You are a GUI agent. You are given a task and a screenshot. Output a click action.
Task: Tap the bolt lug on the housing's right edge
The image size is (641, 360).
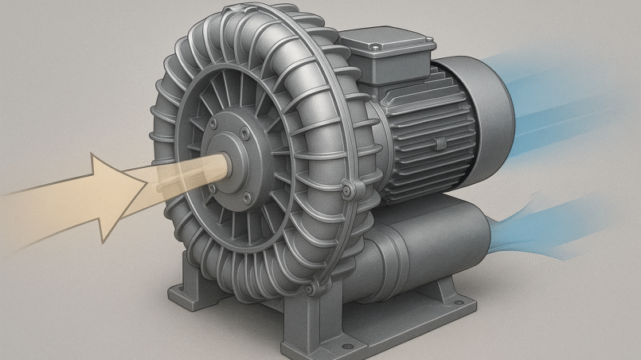coord(347,190)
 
